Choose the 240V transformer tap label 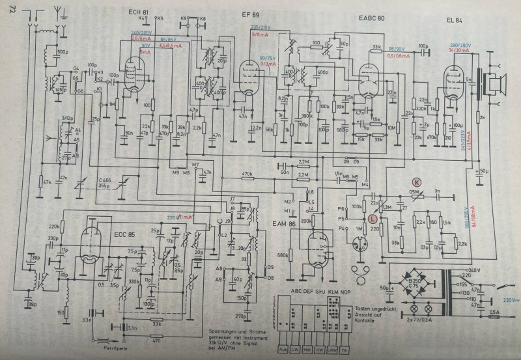click(x=472, y=269)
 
